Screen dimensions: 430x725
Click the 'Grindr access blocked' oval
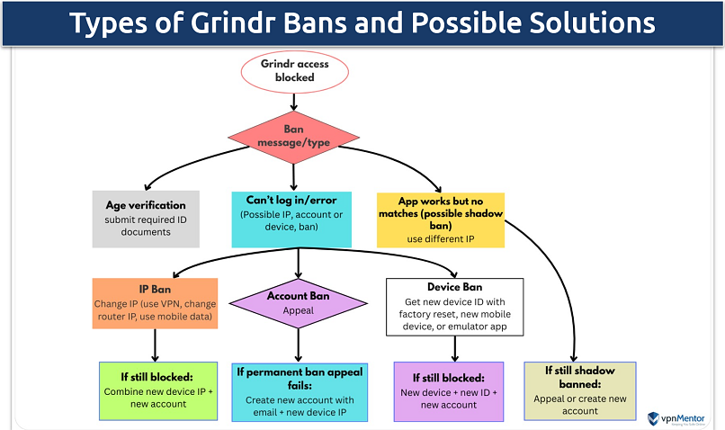[x=294, y=70]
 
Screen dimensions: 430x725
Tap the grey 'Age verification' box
[x=146, y=219]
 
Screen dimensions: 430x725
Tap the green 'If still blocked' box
[x=157, y=390]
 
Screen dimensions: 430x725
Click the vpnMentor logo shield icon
[x=654, y=417]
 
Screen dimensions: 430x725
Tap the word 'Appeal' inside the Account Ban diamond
[x=297, y=311]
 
